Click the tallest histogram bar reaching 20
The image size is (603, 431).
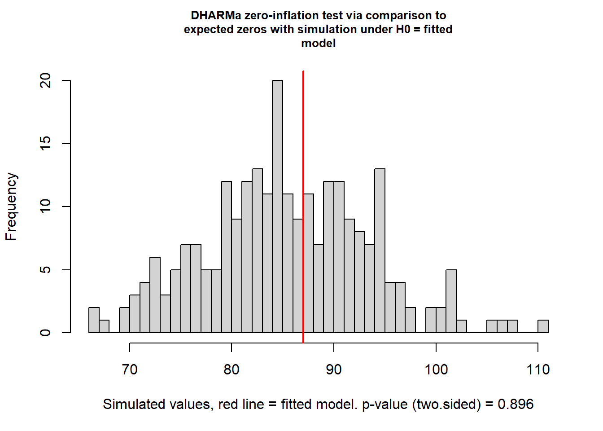pos(277,207)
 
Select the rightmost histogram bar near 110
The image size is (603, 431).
pos(543,326)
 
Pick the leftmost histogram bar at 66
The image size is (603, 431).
pos(94,320)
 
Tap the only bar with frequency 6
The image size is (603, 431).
pos(155,295)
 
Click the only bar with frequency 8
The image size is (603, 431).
pos(359,282)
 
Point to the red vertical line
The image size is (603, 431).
pos(303,135)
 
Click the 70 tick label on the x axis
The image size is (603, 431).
pos(130,369)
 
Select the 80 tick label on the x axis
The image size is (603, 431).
pos(232,369)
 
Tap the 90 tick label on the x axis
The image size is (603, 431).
pos(334,369)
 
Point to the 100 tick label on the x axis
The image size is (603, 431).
pos(436,369)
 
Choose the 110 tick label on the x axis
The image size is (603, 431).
pos(538,369)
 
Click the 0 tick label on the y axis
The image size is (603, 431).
pos(46,333)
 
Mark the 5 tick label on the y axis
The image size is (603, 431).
pos(46,270)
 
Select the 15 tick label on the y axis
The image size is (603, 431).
pos(46,144)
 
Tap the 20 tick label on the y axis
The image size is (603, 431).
pos(46,81)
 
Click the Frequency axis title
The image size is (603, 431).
pos(11,207)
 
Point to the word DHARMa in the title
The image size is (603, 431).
pos(216,16)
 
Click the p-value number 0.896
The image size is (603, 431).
pos(516,404)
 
